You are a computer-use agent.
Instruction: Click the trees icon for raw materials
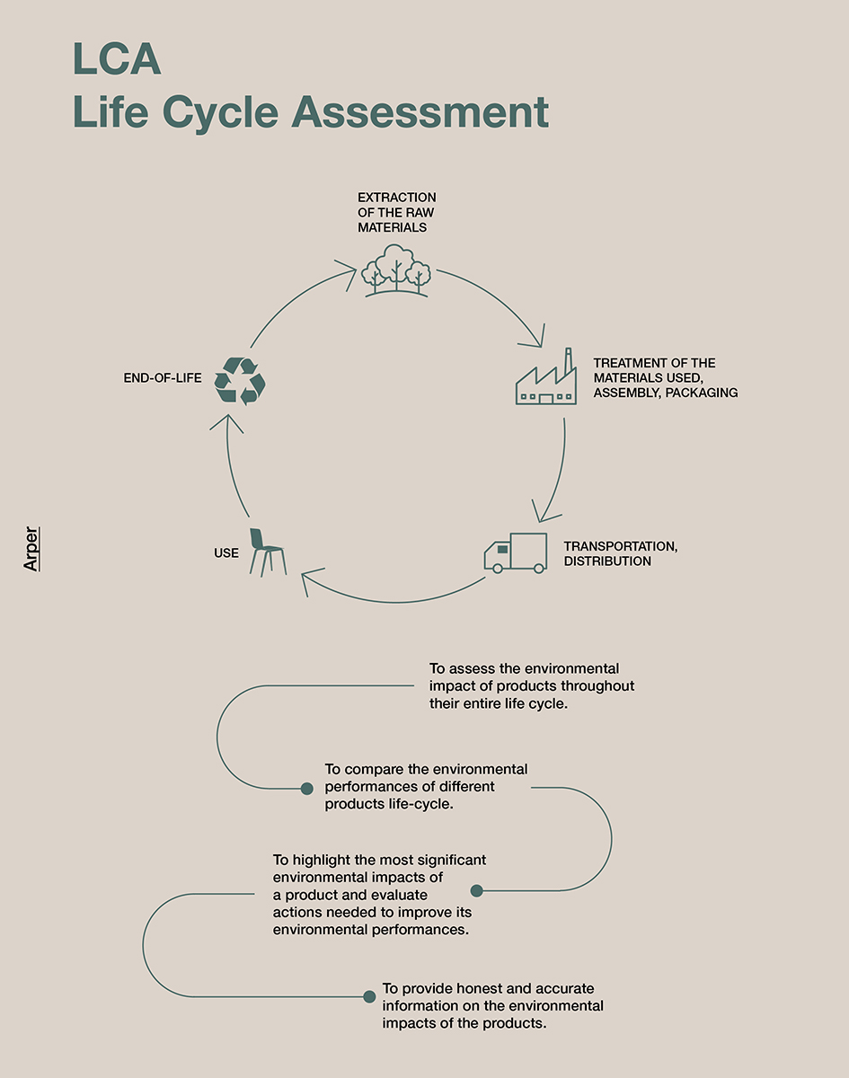click(396, 270)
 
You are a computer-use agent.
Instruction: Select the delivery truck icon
click(516, 553)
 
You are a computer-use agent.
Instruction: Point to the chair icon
click(268, 552)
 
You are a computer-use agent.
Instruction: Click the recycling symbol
click(240, 381)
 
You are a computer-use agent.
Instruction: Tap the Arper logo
click(31, 549)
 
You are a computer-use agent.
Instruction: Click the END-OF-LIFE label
click(163, 377)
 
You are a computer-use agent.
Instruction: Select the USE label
click(226, 553)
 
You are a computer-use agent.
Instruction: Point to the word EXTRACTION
click(396, 198)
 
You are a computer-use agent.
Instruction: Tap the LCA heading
click(117, 58)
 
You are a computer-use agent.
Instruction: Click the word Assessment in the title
click(420, 111)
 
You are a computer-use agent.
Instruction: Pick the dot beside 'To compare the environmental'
click(306, 789)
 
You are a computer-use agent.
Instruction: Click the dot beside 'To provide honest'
click(369, 996)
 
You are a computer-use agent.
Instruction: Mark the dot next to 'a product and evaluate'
click(477, 890)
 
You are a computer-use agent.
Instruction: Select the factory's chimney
click(569, 361)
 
